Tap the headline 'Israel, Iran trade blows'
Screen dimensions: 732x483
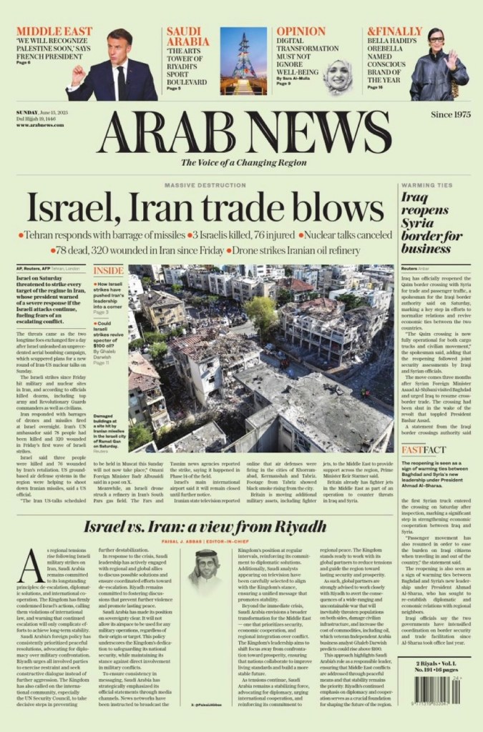(x=205, y=209)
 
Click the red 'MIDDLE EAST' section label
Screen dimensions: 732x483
(x=54, y=31)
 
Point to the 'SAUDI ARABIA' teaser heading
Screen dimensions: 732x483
(x=187, y=37)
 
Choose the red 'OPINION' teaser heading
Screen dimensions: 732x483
(x=301, y=31)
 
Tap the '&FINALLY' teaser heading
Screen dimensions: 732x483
(x=394, y=31)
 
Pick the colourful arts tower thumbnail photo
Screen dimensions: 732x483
(x=243, y=61)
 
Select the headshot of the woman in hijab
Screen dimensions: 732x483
(x=338, y=75)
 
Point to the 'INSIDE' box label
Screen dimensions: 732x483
(x=108, y=271)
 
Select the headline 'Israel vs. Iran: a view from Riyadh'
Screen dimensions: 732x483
(x=205, y=528)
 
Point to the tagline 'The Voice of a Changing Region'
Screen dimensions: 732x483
(x=243, y=162)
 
